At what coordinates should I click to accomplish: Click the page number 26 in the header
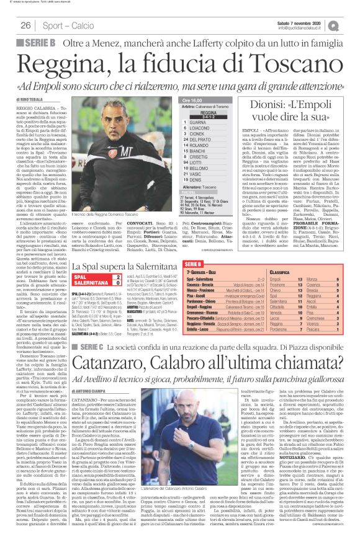click(26, 25)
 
